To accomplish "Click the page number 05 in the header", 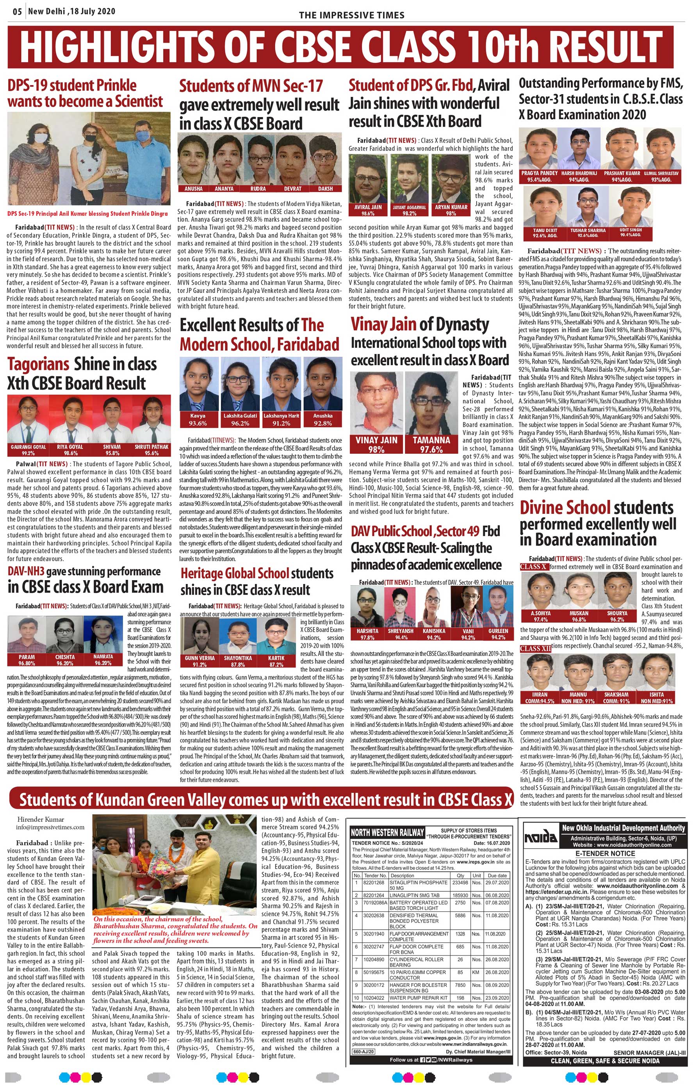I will point(17,12).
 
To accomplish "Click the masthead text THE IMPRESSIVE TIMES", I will point(351,15).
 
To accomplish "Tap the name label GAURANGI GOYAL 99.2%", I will point(29,450).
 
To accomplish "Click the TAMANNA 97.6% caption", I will point(431,444).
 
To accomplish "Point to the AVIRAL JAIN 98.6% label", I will point(368,210).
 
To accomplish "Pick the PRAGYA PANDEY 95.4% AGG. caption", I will point(539,176).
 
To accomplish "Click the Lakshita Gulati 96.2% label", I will point(240,419).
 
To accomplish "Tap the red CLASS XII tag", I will point(535,649).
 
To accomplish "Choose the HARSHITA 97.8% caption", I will point(367,634).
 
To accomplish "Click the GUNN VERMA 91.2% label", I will point(200,661).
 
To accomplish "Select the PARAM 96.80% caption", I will point(27,660).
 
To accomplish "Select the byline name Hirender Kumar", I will point(41,819).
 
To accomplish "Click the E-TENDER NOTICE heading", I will point(605,853).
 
